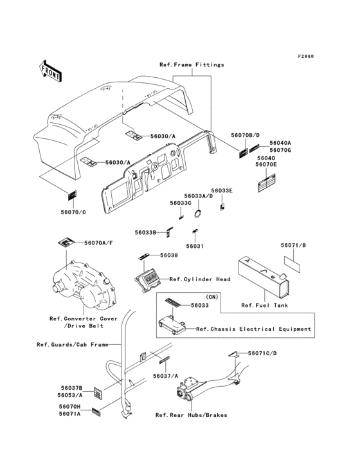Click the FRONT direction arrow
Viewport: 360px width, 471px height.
pyautogui.click(x=50, y=71)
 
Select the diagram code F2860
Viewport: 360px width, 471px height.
pyautogui.click(x=306, y=57)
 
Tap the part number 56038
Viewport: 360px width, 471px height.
pyautogui.click(x=169, y=255)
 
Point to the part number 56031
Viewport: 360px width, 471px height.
pyautogui.click(x=195, y=246)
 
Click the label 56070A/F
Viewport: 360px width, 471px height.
pyautogui.click(x=99, y=243)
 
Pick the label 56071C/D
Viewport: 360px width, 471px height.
pyautogui.click(x=262, y=353)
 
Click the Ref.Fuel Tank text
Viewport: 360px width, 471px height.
pyautogui.click(x=265, y=306)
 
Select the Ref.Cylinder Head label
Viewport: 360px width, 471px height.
pyautogui.click(x=200, y=279)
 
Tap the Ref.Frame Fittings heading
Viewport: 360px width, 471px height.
pyautogui.click(x=192, y=64)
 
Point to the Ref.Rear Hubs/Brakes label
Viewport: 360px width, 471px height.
pyautogui.click(x=191, y=415)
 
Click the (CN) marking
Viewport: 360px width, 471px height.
pyautogui.click(x=212, y=297)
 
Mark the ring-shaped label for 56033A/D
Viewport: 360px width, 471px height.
pyautogui.click(x=198, y=214)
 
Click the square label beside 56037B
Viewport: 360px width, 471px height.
pyautogui.click(x=98, y=393)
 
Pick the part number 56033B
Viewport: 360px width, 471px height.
pyautogui.click(x=145, y=232)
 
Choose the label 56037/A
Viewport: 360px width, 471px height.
pyautogui.click(x=166, y=376)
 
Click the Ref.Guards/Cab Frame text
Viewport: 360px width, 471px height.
pyautogui.click(x=73, y=344)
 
